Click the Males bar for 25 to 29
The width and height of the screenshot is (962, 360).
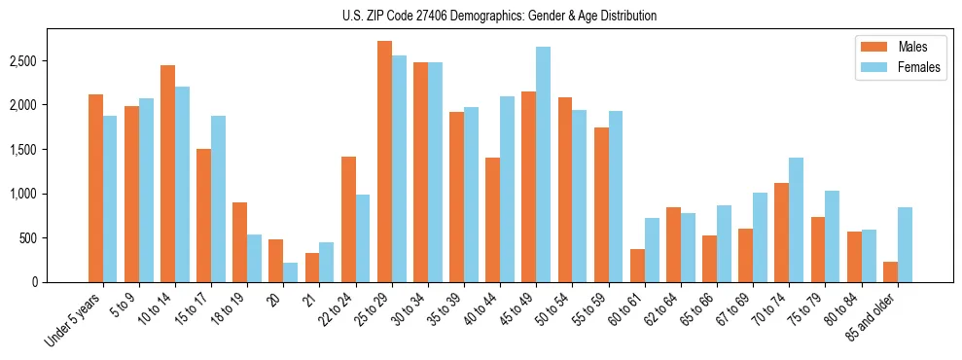384,162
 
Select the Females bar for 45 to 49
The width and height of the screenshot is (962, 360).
543,164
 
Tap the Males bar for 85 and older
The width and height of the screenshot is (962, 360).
889,271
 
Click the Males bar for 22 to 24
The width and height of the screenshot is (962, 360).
348,219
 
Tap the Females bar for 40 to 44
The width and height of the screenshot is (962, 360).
507,190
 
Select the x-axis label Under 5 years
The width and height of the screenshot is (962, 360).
73,319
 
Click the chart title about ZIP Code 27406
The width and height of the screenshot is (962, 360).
499,16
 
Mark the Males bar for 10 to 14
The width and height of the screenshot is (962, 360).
167,173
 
